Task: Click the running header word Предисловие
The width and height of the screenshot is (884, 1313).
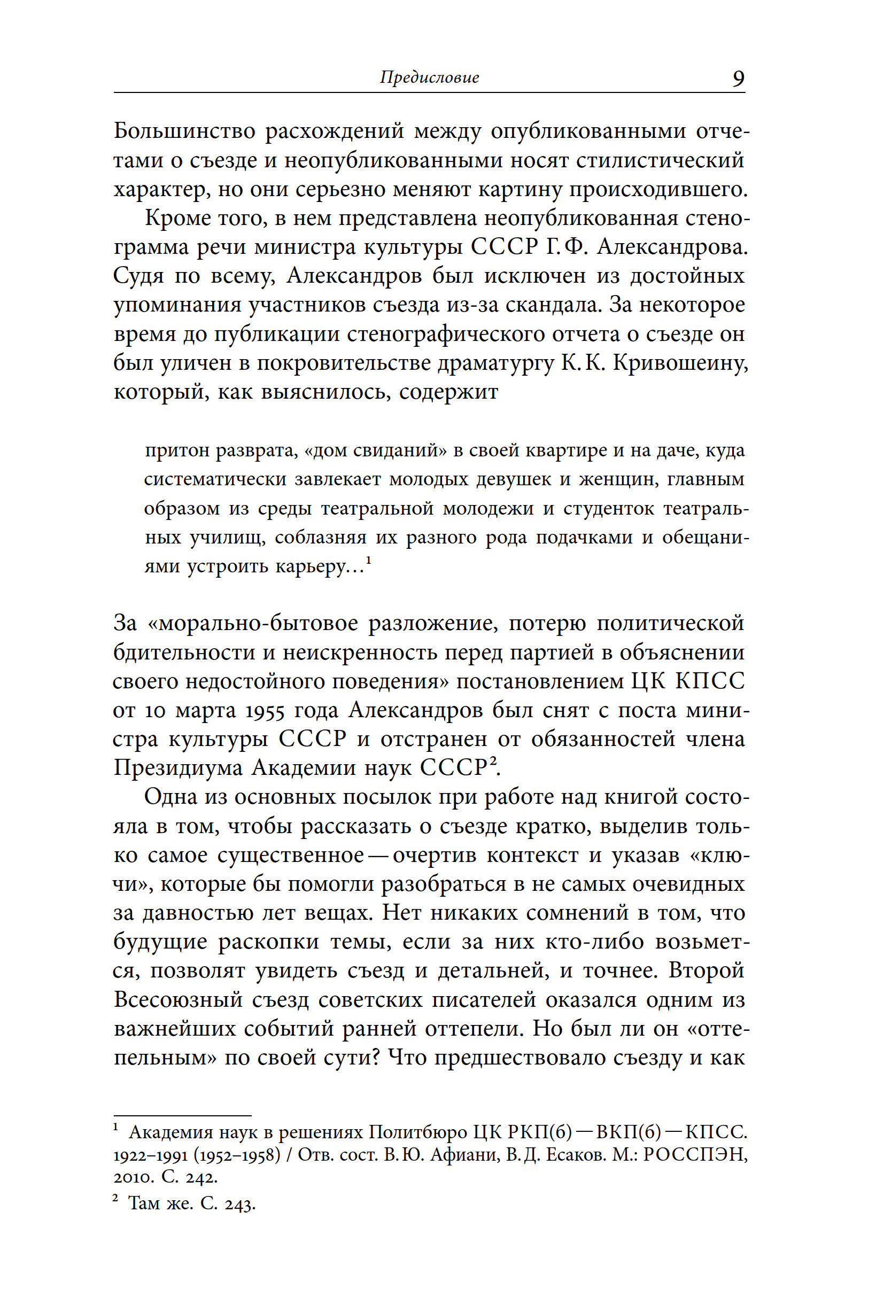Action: point(429,77)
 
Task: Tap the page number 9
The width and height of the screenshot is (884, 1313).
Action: point(738,79)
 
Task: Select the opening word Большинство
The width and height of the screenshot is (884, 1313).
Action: point(184,131)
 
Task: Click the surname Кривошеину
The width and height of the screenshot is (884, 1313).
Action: point(680,363)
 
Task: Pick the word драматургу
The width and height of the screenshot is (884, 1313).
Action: point(496,363)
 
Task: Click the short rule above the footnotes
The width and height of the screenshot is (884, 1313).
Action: point(182,1115)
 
